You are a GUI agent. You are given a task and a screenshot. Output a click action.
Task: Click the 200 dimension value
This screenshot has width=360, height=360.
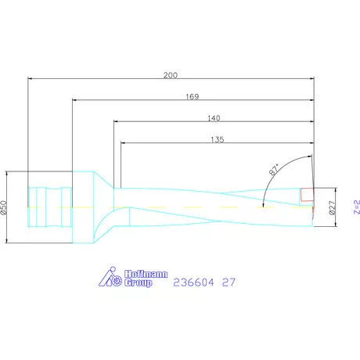coord(170,74)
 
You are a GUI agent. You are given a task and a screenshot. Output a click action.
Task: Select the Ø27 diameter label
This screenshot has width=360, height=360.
coord(332,207)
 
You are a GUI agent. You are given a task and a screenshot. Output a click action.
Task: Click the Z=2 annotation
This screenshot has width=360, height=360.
coord(355,207)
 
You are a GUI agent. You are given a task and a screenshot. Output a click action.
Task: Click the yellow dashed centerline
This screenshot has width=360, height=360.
coord(180,207)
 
